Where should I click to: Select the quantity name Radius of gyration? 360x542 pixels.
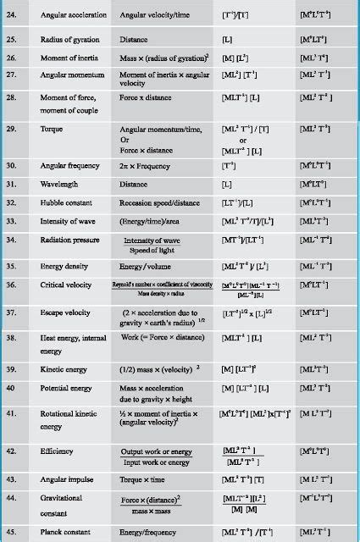pyautogui.click(x=70, y=40)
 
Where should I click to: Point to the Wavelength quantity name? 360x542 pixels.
pyautogui.click(x=60, y=183)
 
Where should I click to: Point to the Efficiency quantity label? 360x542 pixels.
pyautogui.click(x=60, y=453)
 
